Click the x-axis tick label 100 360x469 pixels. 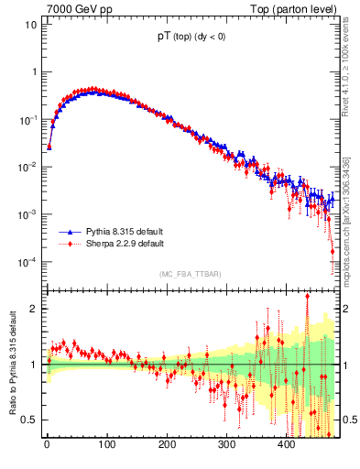pos(106,446)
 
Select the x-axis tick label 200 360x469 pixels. pos(167,446)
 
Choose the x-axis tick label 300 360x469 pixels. pos(226,446)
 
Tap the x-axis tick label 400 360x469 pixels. pos(286,446)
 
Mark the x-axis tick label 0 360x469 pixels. pos(47,446)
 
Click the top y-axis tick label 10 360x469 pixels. pos(29,25)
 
